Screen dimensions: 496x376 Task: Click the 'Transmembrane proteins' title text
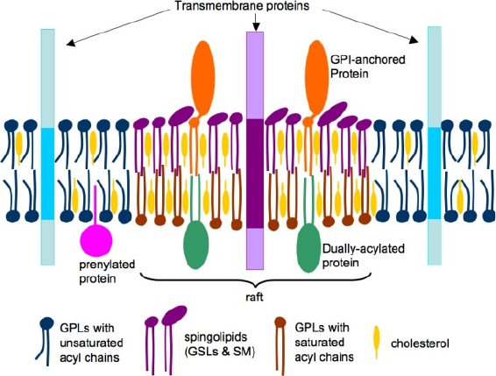click(242, 6)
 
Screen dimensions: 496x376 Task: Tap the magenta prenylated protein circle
click(96, 240)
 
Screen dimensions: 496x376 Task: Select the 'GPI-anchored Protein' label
click(367, 66)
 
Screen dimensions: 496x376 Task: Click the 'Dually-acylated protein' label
click(363, 256)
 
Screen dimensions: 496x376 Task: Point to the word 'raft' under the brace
click(254, 297)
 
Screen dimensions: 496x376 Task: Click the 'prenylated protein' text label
click(107, 272)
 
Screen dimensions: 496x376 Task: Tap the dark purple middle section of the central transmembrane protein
click(255, 174)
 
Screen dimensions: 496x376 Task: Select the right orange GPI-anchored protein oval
click(317, 77)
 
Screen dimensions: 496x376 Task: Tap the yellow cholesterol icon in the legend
click(377, 343)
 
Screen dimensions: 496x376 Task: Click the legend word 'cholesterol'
click(420, 344)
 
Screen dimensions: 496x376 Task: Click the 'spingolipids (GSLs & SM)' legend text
click(220, 344)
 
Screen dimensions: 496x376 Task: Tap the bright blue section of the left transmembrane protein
click(48, 174)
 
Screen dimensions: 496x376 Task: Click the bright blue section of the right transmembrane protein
click(435, 173)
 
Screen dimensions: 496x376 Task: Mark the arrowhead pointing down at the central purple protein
click(256, 28)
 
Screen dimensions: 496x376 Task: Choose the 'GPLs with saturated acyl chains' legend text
click(324, 343)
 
